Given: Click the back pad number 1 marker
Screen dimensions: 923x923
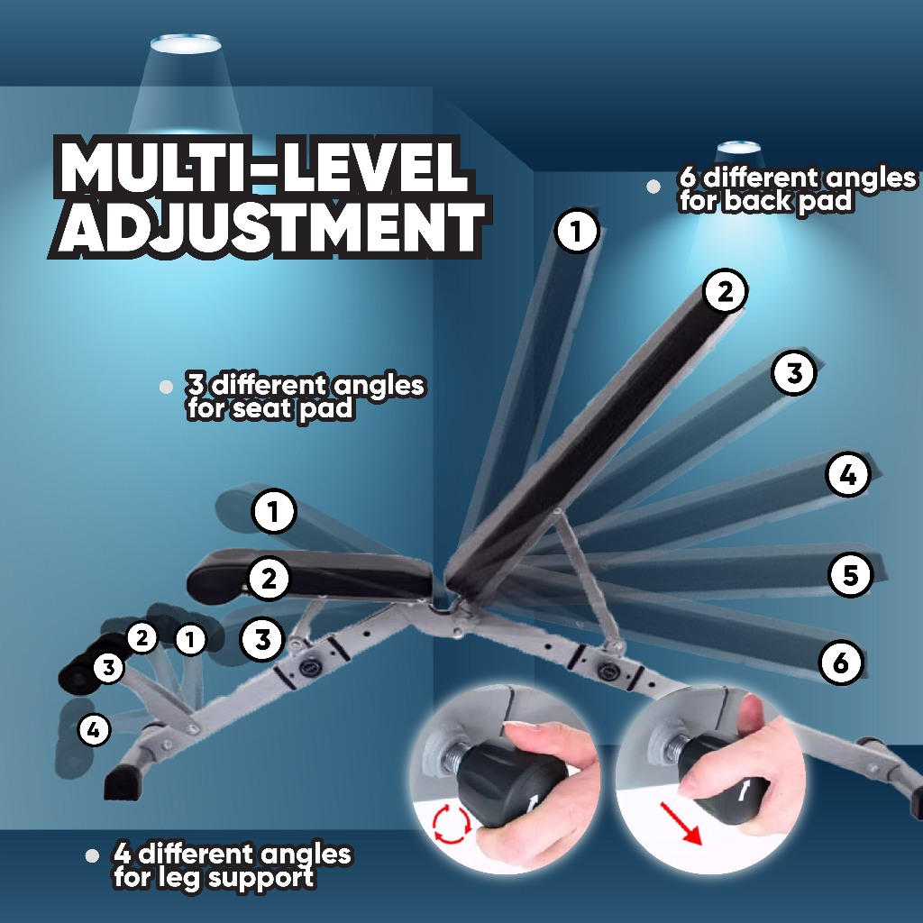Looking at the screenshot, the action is coord(577,233).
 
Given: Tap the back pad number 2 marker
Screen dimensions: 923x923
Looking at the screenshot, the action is coord(726,292).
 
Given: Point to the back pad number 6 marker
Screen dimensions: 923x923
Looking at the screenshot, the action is coord(840,663).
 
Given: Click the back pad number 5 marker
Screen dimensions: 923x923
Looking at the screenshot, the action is coord(851,575).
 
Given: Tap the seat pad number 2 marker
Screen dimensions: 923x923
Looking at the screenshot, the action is coord(269,578).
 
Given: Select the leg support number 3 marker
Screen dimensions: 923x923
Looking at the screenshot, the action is coord(109,668).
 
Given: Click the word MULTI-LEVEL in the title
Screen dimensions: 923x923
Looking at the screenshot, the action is coord(264,169).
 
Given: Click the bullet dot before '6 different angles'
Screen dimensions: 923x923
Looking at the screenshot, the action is coord(653,187).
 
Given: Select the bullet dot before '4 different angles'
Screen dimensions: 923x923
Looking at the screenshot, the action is coord(91,855).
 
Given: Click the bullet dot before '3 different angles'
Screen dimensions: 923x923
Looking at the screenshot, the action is coord(165,387).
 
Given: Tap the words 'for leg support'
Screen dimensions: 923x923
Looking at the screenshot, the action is coord(214,877).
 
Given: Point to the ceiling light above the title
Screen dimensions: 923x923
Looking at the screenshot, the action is coord(185,43).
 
